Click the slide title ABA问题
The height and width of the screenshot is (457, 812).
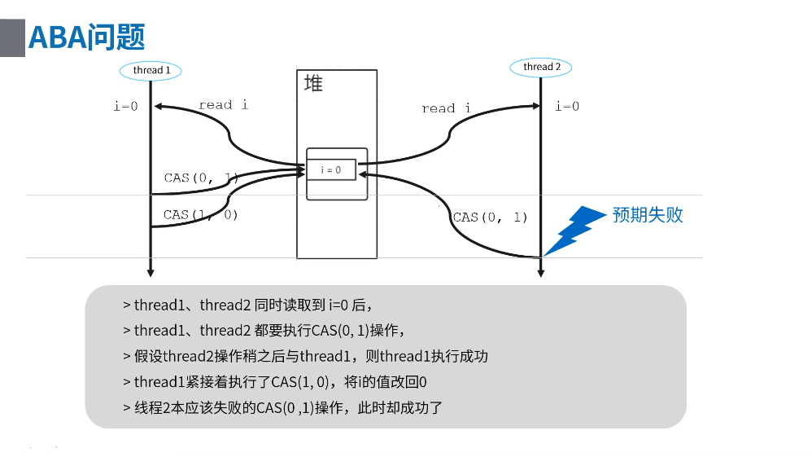click(86, 37)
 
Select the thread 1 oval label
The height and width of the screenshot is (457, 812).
click(151, 70)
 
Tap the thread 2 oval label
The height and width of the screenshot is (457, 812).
click(541, 67)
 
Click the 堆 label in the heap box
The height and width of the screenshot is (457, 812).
click(312, 83)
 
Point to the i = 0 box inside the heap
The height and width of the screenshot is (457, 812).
click(331, 169)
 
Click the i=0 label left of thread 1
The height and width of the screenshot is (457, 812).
click(126, 106)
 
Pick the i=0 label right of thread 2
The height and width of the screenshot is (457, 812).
click(567, 106)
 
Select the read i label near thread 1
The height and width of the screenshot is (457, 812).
click(223, 104)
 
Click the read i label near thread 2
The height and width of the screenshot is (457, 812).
click(446, 108)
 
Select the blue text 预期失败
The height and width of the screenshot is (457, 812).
click(648, 215)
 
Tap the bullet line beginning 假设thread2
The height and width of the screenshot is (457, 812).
click(305, 356)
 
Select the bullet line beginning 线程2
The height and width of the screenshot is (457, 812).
click(282, 407)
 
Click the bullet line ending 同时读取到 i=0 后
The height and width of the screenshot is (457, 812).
click(248, 305)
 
